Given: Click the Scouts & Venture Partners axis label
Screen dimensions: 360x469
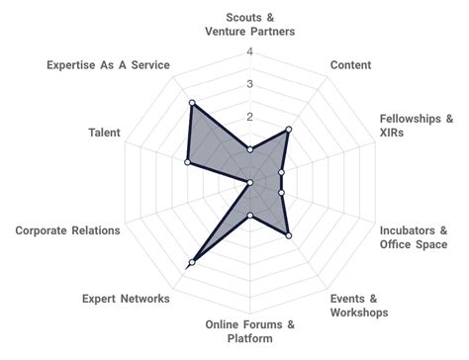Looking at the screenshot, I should [251, 25].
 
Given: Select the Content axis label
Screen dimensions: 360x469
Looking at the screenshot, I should [350, 65].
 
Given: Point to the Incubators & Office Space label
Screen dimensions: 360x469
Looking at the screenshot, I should [415, 237].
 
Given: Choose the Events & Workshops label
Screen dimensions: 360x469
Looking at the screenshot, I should [355, 306].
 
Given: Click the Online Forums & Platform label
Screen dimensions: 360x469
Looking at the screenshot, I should [250, 331].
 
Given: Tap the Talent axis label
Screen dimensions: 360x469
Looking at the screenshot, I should [105, 133].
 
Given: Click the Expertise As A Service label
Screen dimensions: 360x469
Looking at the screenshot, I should [108, 65].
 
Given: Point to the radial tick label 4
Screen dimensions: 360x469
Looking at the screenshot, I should [249, 52].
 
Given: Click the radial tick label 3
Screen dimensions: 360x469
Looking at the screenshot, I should [249, 85].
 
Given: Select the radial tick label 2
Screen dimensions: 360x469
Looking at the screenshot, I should [249, 118].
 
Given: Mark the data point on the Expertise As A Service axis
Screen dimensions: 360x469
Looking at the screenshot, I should [192, 103].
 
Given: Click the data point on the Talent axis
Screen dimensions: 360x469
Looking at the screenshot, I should [187, 162].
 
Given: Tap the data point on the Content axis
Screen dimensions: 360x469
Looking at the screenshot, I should [288, 131].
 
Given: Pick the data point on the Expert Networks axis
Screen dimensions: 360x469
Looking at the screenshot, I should [191, 262].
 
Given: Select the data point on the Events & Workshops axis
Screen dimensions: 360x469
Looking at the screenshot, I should [288, 234].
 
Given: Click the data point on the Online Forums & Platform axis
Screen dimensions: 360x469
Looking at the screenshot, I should [250, 216].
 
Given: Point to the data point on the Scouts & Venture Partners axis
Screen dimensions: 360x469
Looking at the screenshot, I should [250, 150].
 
